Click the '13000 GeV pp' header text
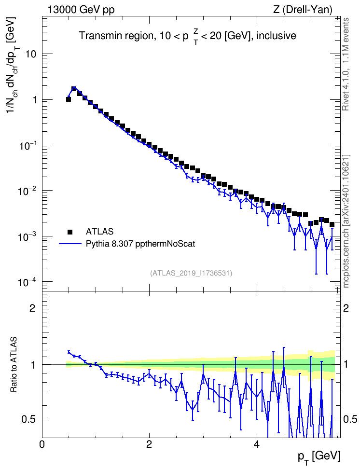[x=81, y=10]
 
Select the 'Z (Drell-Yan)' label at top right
[x=303, y=10]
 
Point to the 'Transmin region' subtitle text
[x=116, y=36]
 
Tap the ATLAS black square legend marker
[x=70, y=232]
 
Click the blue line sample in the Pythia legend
[x=70, y=244]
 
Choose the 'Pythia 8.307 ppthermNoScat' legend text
[x=140, y=244]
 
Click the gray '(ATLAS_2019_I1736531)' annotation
[x=191, y=273]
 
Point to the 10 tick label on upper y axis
[x=30, y=55]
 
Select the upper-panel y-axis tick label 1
[x=34, y=100]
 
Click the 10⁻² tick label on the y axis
[x=28, y=190]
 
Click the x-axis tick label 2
[x=149, y=444]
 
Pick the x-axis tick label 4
[x=256, y=444]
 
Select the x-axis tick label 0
[x=42, y=444]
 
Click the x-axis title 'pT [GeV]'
[x=319, y=457]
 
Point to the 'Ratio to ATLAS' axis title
[x=14, y=364]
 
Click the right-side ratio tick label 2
[x=346, y=308]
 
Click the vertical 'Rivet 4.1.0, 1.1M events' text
[x=346, y=64]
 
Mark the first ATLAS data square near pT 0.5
[x=68, y=99]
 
